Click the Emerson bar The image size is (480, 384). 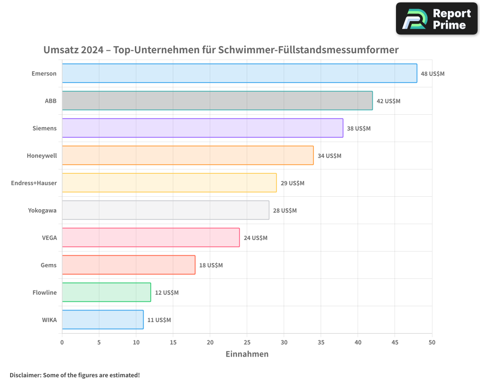[239, 73]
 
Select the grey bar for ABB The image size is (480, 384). [217, 101]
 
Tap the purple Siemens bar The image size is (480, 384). [202, 128]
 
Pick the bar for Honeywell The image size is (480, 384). [187, 156]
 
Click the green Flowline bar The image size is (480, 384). [106, 292]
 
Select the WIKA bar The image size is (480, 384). [102, 320]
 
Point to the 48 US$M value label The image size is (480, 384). [432, 74]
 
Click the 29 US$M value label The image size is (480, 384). [292, 183]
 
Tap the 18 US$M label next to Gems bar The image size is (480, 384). [211, 265]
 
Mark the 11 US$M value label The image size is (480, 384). [159, 320]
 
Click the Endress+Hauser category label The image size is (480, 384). [34, 183]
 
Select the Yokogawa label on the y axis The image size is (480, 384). [42, 210]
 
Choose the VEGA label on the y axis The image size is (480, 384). [49, 238]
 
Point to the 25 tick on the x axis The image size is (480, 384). [247, 342]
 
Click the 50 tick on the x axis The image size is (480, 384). [432, 342]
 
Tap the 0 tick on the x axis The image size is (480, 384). [62, 342]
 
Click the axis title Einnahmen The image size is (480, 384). [247, 354]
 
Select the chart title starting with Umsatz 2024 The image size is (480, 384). [221, 50]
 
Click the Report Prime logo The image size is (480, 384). [436, 19]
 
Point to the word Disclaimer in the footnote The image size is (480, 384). [25, 375]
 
